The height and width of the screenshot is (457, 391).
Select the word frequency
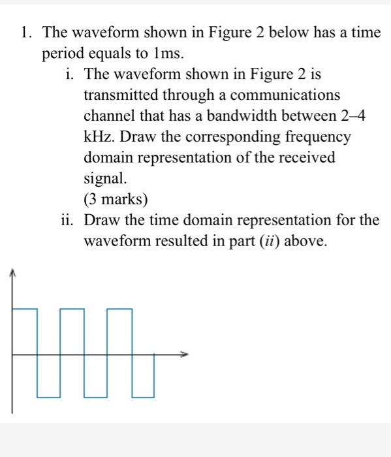pyautogui.click(x=317, y=137)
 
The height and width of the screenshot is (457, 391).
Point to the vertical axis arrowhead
pyautogui.click(x=12, y=274)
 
